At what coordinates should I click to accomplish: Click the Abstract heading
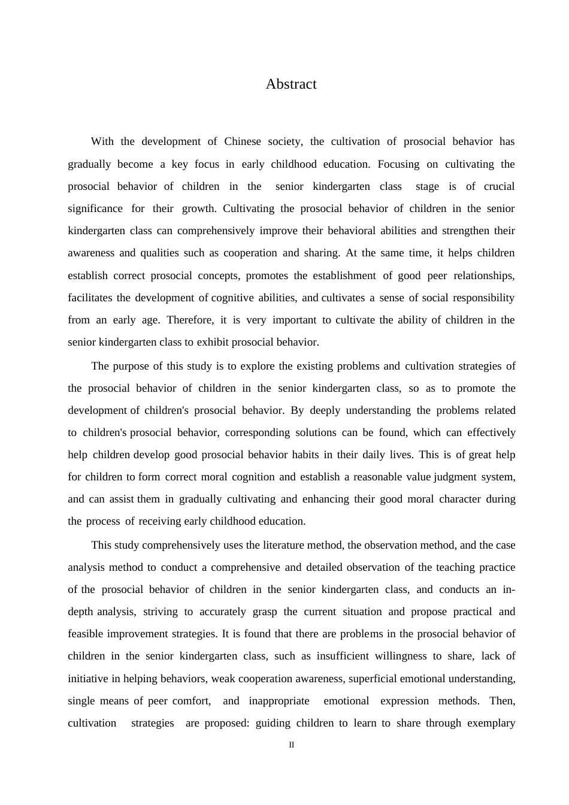pos(291,84)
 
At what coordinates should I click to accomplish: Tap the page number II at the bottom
pos(292,745)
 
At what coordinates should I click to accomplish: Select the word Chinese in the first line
pos(243,142)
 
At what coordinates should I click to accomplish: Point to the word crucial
pos(499,186)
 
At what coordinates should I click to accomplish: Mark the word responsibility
pos(483,298)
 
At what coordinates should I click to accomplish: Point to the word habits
pos(305,455)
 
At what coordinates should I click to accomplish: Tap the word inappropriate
pos(279,701)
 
